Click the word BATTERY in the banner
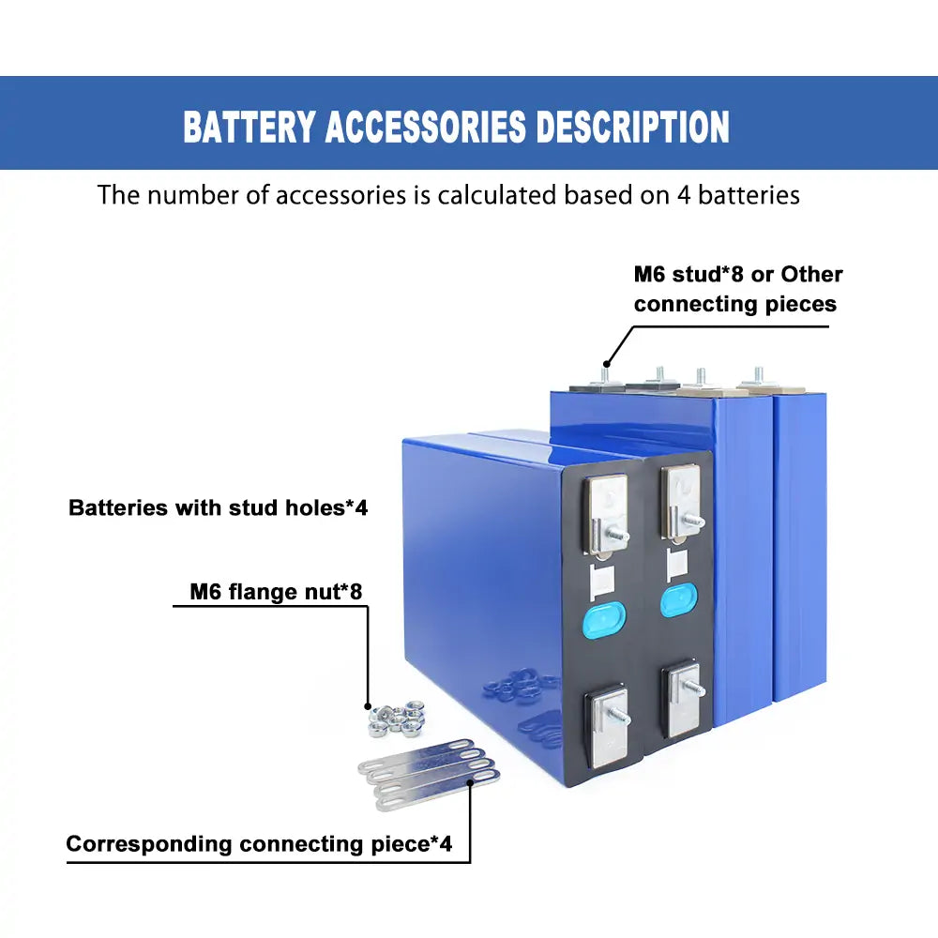[x=250, y=127]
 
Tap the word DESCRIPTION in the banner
[x=632, y=127]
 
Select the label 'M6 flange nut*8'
[x=276, y=592]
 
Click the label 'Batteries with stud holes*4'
[x=218, y=508]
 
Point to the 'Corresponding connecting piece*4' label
[x=259, y=843]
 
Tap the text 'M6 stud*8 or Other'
[x=738, y=274]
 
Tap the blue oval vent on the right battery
[x=677, y=599]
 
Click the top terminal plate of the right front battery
[x=681, y=496]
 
